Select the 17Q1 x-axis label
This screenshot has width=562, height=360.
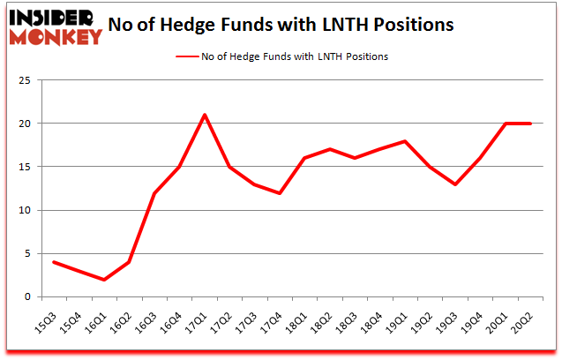click(203, 315)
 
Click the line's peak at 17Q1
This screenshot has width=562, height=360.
click(205, 115)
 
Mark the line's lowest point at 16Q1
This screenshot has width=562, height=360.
click(104, 279)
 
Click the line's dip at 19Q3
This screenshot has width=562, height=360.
click(456, 184)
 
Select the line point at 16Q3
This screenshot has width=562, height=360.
click(154, 192)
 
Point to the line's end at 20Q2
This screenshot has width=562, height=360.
click(531, 124)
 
